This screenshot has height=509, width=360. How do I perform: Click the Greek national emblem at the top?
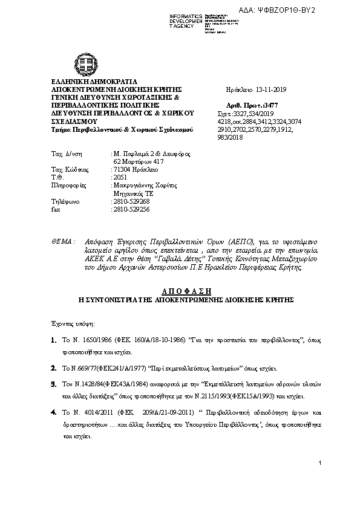[x=82, y=62]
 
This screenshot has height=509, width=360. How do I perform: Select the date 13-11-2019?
[x=269, y=89]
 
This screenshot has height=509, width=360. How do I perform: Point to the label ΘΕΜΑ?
[x=64, y=241]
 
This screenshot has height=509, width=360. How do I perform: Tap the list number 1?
[x=54, y=342]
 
